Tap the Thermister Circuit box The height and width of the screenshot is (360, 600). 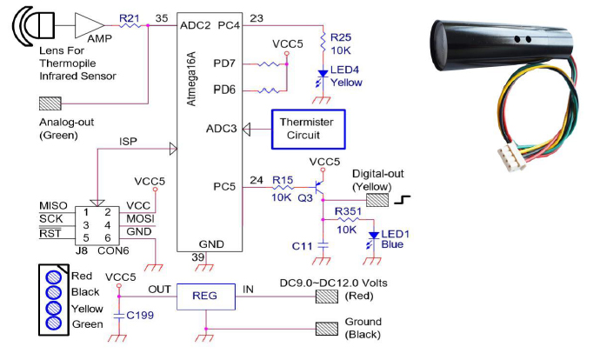(x=309, y=128)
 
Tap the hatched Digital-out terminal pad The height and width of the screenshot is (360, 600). (x=377, y=200)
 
